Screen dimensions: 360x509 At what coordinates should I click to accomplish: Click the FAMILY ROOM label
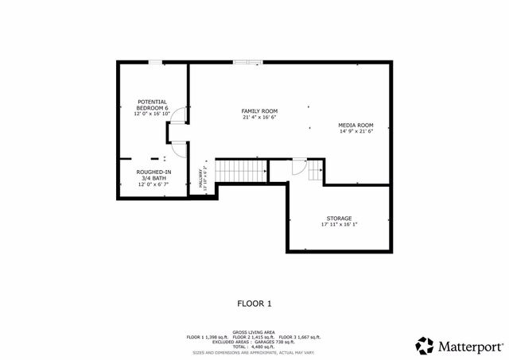pos(259,110)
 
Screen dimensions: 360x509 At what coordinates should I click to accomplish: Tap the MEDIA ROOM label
pos(356,125)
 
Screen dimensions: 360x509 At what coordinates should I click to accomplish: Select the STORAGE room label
pos(339,218)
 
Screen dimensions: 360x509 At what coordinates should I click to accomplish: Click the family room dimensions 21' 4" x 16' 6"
pos(259,118)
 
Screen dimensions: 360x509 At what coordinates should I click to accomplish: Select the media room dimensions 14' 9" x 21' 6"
pos(356,132)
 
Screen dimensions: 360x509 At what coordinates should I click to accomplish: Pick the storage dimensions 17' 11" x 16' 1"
pos(339,225)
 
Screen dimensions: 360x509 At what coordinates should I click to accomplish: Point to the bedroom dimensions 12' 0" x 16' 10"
pos(152,114)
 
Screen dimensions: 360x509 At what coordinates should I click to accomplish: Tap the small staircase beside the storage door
pos(316,169)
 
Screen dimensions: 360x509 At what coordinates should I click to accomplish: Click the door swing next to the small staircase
pos(298,165)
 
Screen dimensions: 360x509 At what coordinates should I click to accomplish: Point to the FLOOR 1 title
pos(254,303)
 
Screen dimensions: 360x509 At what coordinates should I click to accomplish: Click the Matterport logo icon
pos(425,345)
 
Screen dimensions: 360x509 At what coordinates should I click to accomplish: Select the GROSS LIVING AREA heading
pos(254,331)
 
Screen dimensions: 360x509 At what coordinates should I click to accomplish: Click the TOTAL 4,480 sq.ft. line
pos(254,346)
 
